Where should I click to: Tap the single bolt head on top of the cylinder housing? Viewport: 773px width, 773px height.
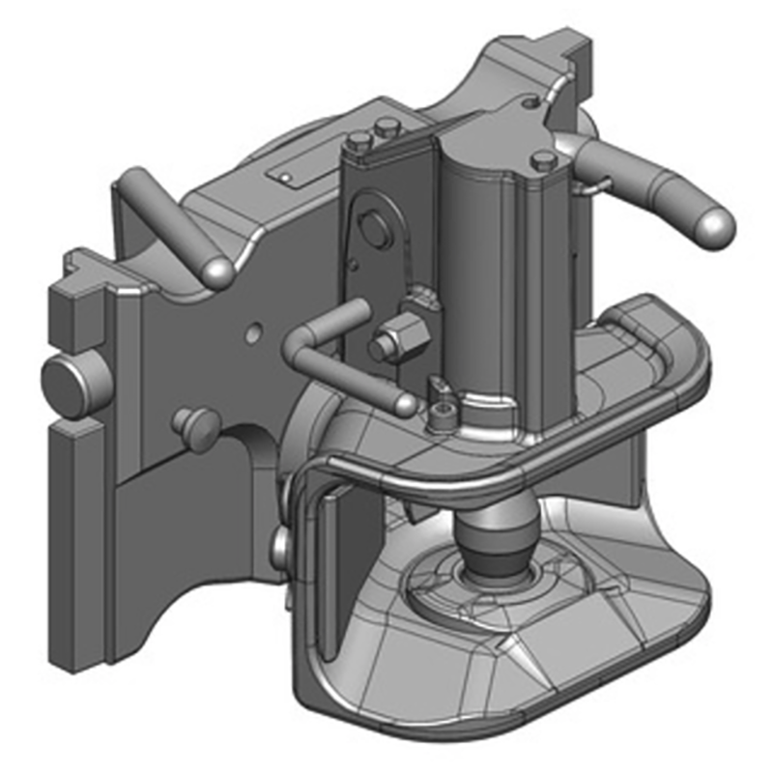(542, 160)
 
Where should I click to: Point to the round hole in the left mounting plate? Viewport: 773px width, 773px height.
(252, 333)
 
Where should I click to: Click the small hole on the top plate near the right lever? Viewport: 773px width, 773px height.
(529, 100)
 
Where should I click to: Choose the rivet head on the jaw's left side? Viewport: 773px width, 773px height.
(280, 546)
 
